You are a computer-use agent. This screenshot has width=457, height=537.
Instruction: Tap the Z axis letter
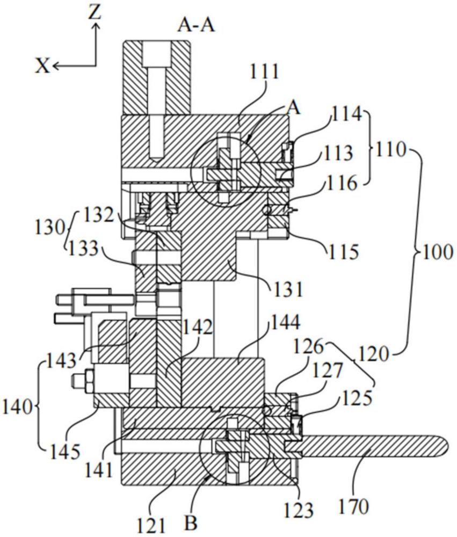pos(95,12)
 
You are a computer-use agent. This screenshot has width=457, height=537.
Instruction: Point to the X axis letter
pos(42,66)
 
